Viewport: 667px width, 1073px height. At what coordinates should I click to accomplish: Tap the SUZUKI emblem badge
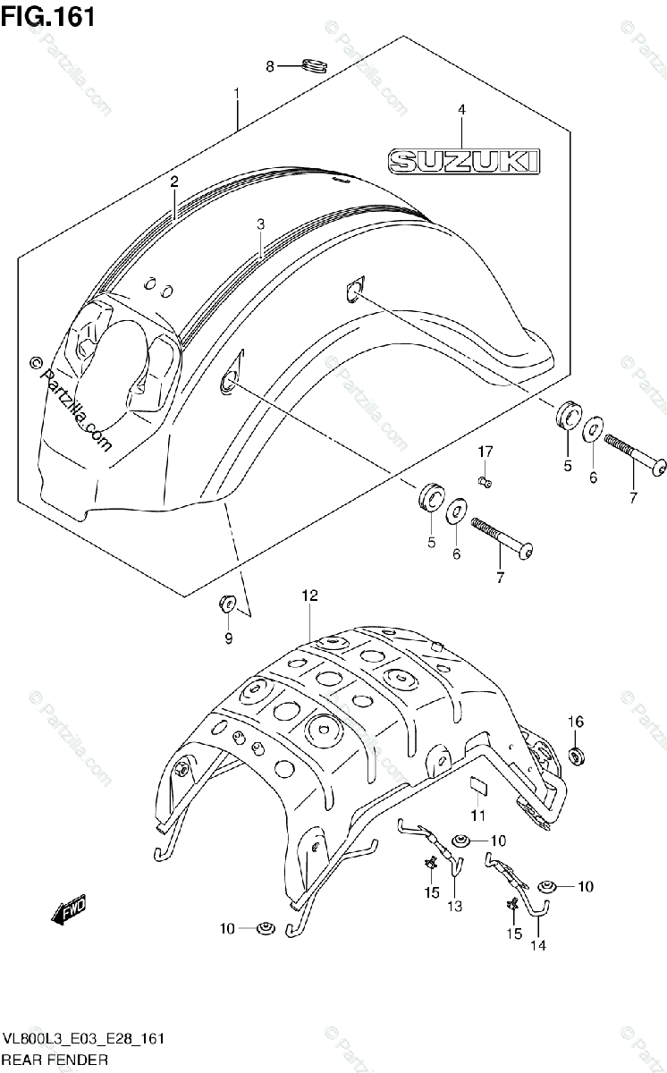tap(464, 161)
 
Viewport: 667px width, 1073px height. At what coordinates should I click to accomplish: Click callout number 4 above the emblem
tap(461, 109)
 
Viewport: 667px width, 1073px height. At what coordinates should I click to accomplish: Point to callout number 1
tap(236, 93)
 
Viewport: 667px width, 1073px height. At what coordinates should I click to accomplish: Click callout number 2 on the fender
tap(175, 182)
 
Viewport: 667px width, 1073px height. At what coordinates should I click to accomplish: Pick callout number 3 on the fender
tap(260, 224)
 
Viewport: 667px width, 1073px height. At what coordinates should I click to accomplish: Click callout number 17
tap(484, 451)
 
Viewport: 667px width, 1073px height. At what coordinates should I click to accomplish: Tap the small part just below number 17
tap(484, 482)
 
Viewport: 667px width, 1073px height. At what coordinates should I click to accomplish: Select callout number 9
tap(228, 638)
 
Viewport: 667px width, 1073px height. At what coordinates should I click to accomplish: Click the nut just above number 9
tap(226, 604)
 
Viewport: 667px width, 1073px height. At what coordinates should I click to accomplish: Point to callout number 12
tap(309, 594)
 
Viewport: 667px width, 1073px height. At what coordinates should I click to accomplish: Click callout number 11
tap(477, 815)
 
